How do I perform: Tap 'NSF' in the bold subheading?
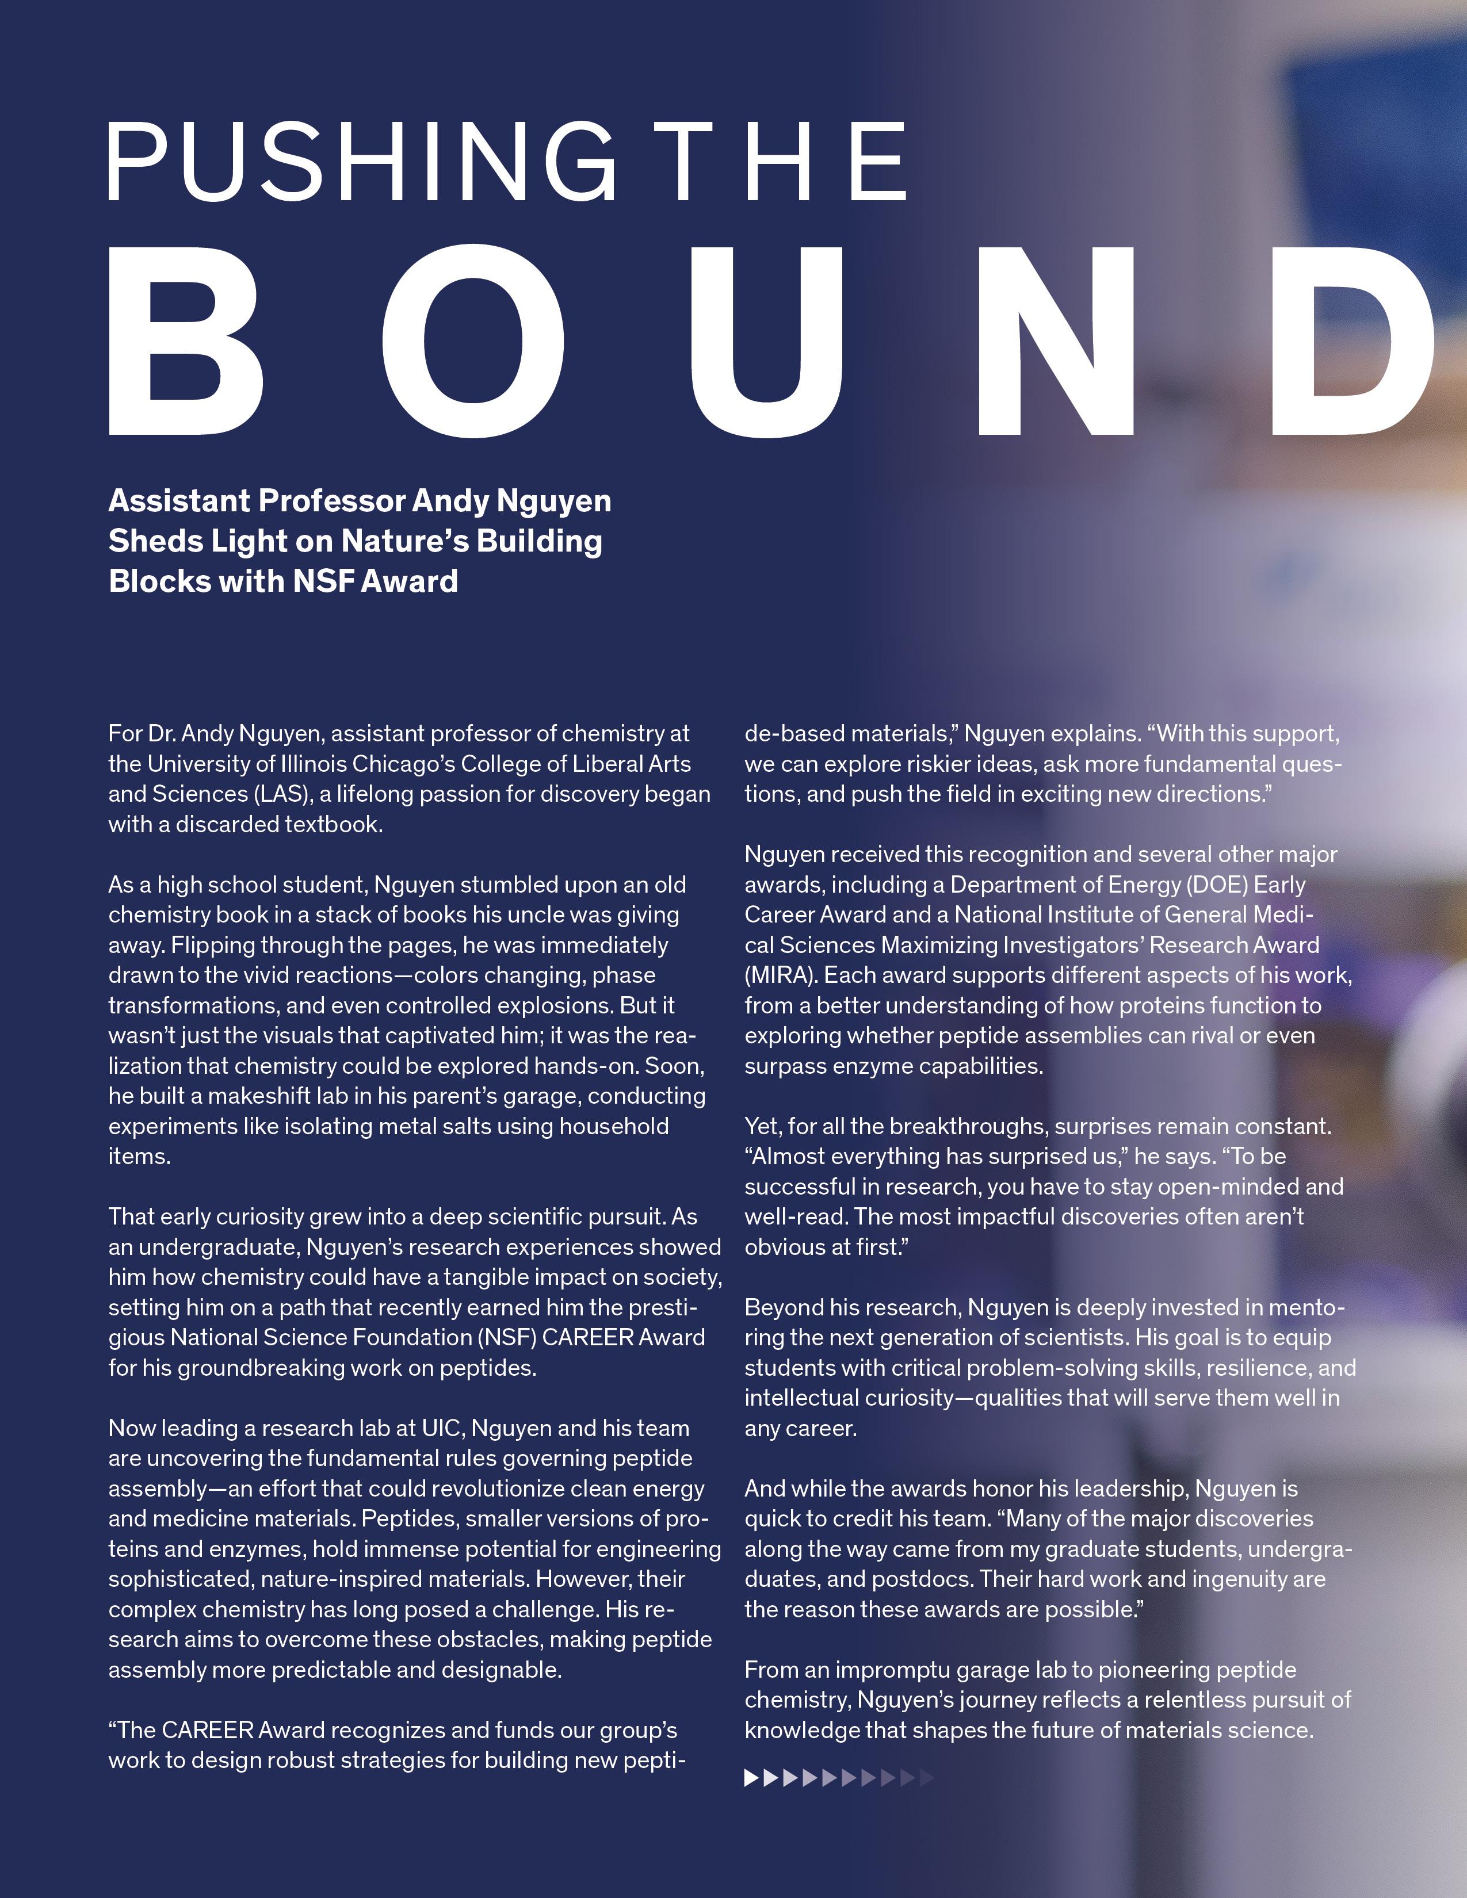tap(325, 580)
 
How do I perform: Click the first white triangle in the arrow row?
tap(752, 1778)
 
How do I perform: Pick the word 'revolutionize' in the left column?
tap(497, 1488)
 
